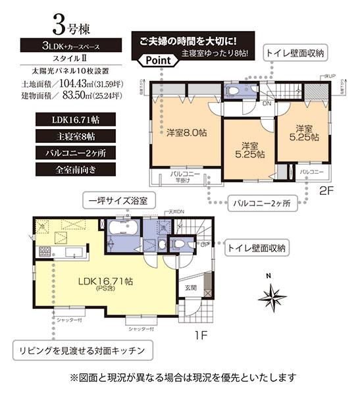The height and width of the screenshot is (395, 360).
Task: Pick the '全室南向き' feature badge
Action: tap(68, 169)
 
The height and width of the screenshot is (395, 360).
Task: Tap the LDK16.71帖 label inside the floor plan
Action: tap(106, 281)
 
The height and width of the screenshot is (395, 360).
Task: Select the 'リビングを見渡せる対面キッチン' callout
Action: tap(82, 348)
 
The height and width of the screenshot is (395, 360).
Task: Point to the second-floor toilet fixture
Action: tap(235, 91)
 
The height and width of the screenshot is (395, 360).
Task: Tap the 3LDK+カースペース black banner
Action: tap(68, 45)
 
